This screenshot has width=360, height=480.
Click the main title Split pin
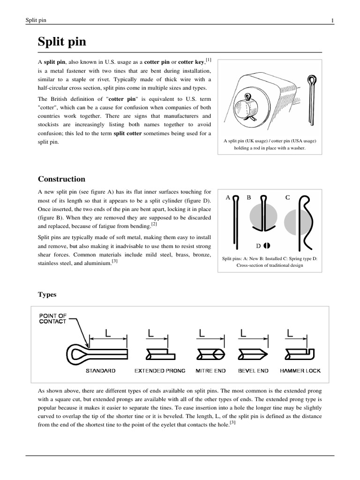(x=62, y=42)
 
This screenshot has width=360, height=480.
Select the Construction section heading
(x=61, y=179)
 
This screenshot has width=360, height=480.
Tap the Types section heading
(x=47, y=294)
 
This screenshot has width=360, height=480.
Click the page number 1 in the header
(x=332, y=20)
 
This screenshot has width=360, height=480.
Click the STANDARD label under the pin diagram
(x=100, y=371)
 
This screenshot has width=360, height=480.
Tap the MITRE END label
(x=210, y=371)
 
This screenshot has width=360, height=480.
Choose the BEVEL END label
(x=253, y=371)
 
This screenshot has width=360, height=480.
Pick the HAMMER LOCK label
(x=300, y=371)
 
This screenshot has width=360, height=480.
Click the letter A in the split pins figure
(x=228, y=197)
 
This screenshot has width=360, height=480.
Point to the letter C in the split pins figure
(x=288, y=197)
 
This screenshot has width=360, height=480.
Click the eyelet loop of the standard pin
(x=77, y=352)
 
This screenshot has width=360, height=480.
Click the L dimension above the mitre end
(x=202, y=333)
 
